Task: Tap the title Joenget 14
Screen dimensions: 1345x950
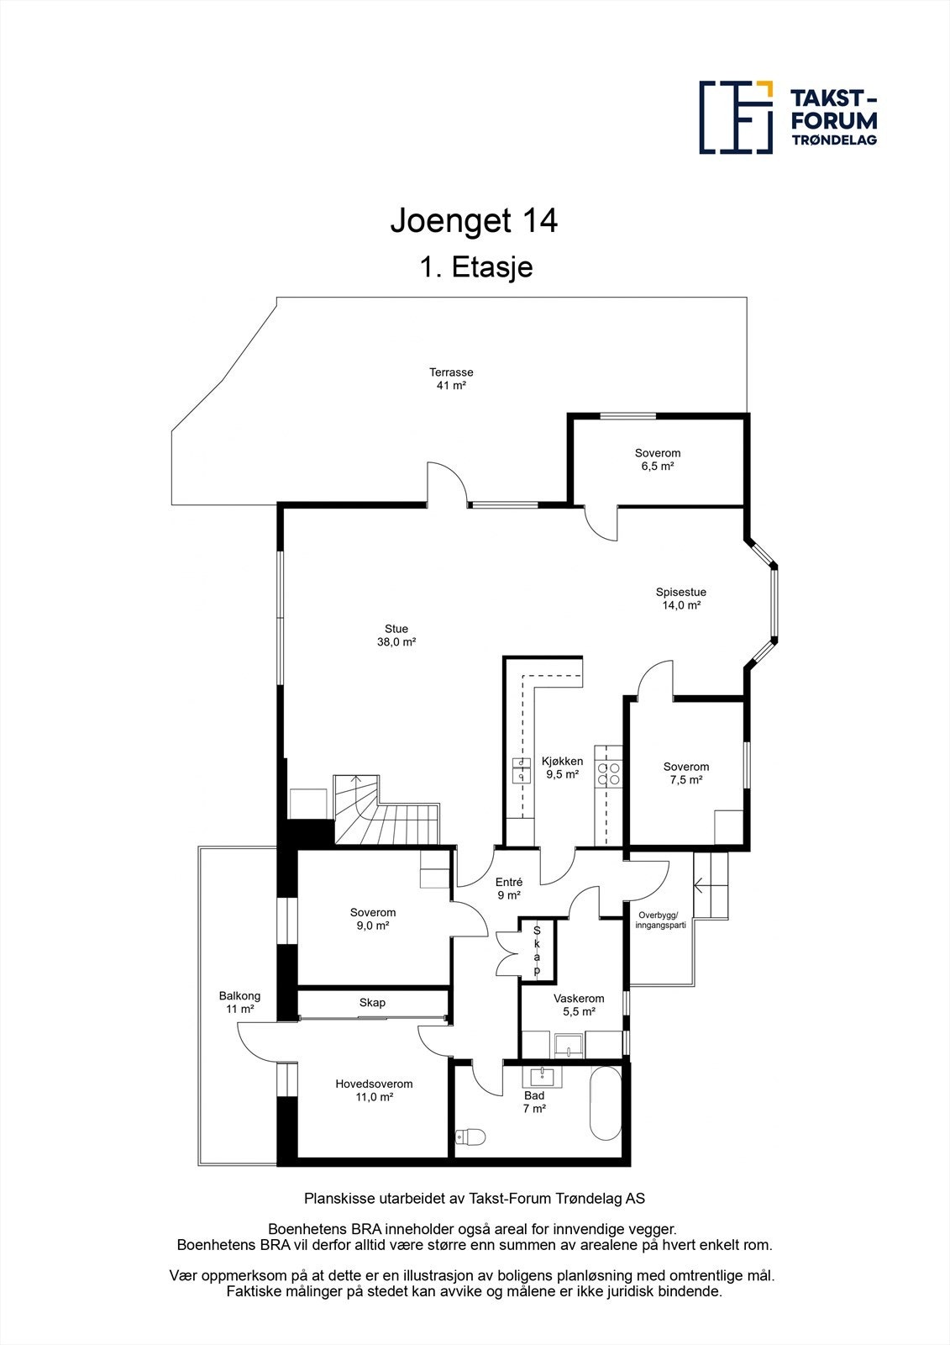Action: coord(474,221)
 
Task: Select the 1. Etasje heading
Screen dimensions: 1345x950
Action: coord(475,267)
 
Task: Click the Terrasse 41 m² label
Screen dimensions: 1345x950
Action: coord(451,379)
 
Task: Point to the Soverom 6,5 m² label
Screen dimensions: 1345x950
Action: coord(657,460)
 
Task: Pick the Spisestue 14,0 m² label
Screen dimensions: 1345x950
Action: coord(680,599)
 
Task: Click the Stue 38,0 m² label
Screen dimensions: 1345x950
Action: coord(396,636)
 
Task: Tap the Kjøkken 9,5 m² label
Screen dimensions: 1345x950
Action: coord(562,767)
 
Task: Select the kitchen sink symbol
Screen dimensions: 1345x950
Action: coord(522,769)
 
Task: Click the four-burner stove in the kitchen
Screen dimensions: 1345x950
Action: coord(609,774)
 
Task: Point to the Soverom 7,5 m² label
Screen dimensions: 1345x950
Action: coord(685,773)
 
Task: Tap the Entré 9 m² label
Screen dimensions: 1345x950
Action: coord(508,889)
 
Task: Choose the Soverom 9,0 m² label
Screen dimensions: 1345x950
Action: coord(372,919)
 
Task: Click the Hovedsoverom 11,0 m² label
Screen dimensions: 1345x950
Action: coord(374,1090)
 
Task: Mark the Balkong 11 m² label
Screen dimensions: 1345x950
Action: coord(239,1002)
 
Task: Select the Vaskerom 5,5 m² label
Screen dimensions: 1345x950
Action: coord(578,1005)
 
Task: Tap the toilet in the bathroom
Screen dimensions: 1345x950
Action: coord(470,1137)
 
